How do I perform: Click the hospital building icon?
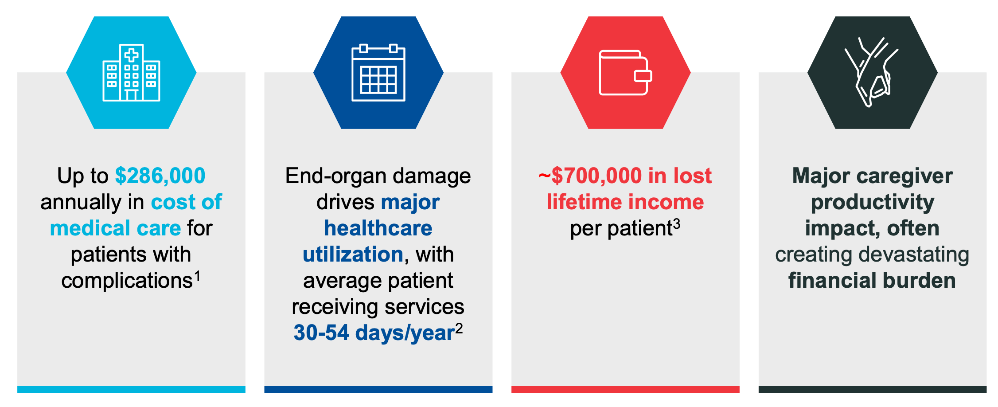[131, 73]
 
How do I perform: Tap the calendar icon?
[378, 73]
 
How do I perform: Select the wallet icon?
[625, 73]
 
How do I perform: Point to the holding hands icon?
[871, 72]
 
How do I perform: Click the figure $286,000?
[160, 176]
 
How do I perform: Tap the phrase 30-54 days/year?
[374, 333]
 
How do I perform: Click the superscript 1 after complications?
[197, 277]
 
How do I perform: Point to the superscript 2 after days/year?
[459, 329]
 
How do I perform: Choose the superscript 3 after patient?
[677, 224]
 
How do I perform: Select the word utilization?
[353, 254]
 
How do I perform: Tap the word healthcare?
[378, 228]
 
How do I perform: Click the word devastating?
[914, 255]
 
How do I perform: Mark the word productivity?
[873, 203]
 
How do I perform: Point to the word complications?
[127, 281]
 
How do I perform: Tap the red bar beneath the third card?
[625, 389]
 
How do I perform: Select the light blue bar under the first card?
[131, 389]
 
